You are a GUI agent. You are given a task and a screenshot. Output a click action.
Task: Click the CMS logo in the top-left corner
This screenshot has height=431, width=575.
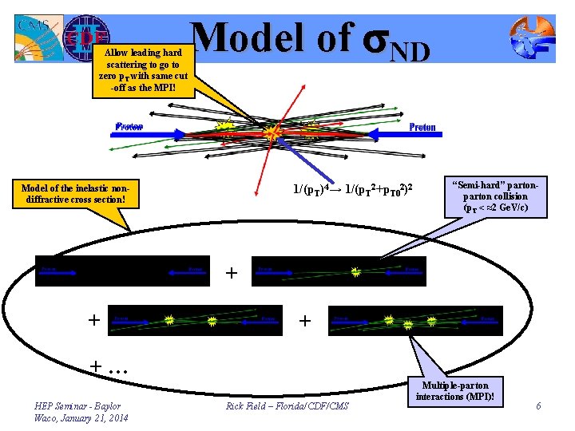click(x=38, y=38)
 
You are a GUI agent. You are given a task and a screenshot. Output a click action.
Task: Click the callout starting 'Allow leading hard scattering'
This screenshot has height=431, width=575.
click(x=143, y=71)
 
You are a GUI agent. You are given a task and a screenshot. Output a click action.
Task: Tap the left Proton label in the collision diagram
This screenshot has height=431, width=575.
click(x=129, y=126)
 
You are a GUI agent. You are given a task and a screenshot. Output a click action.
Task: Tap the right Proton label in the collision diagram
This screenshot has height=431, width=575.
click(x=422, y=127)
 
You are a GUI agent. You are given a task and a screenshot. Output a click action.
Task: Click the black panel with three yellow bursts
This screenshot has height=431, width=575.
click(x=414, y=321)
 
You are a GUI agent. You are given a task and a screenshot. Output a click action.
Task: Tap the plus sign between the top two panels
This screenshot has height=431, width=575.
click(x=232, y=273)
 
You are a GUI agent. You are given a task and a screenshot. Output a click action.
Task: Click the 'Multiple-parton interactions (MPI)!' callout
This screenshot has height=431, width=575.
click(x=455, y=391)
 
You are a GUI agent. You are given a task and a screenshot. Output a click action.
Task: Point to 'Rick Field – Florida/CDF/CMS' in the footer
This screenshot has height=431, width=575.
click(x=287, y=407)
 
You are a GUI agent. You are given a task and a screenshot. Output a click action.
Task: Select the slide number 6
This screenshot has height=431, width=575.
click(x=539, y=406)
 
